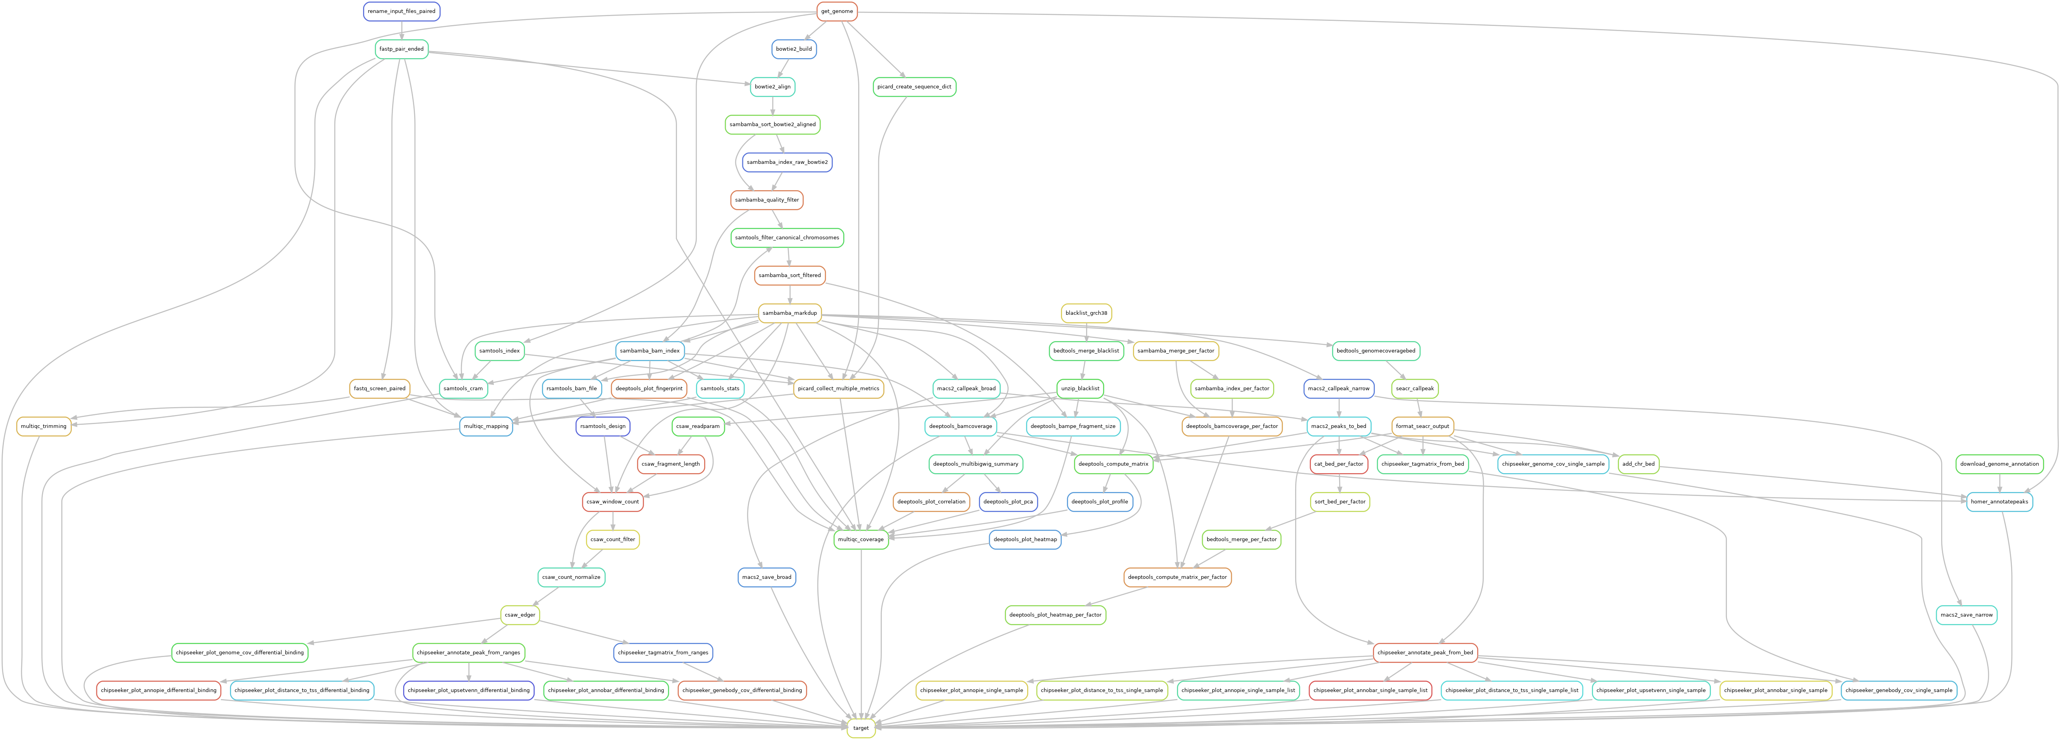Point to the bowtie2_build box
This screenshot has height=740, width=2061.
pos(794,49)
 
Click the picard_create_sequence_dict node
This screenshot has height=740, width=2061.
pos(914,86)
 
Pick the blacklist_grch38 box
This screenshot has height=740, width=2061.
pos(1086,313)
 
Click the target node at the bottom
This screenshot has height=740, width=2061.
pos(861,728)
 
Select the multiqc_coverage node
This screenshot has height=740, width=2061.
pos(861,539)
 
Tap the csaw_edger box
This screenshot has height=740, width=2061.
pos(520,614)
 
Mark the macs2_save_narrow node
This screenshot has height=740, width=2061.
pos(1967,614)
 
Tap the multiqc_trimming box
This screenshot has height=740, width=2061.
pos(43,426)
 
